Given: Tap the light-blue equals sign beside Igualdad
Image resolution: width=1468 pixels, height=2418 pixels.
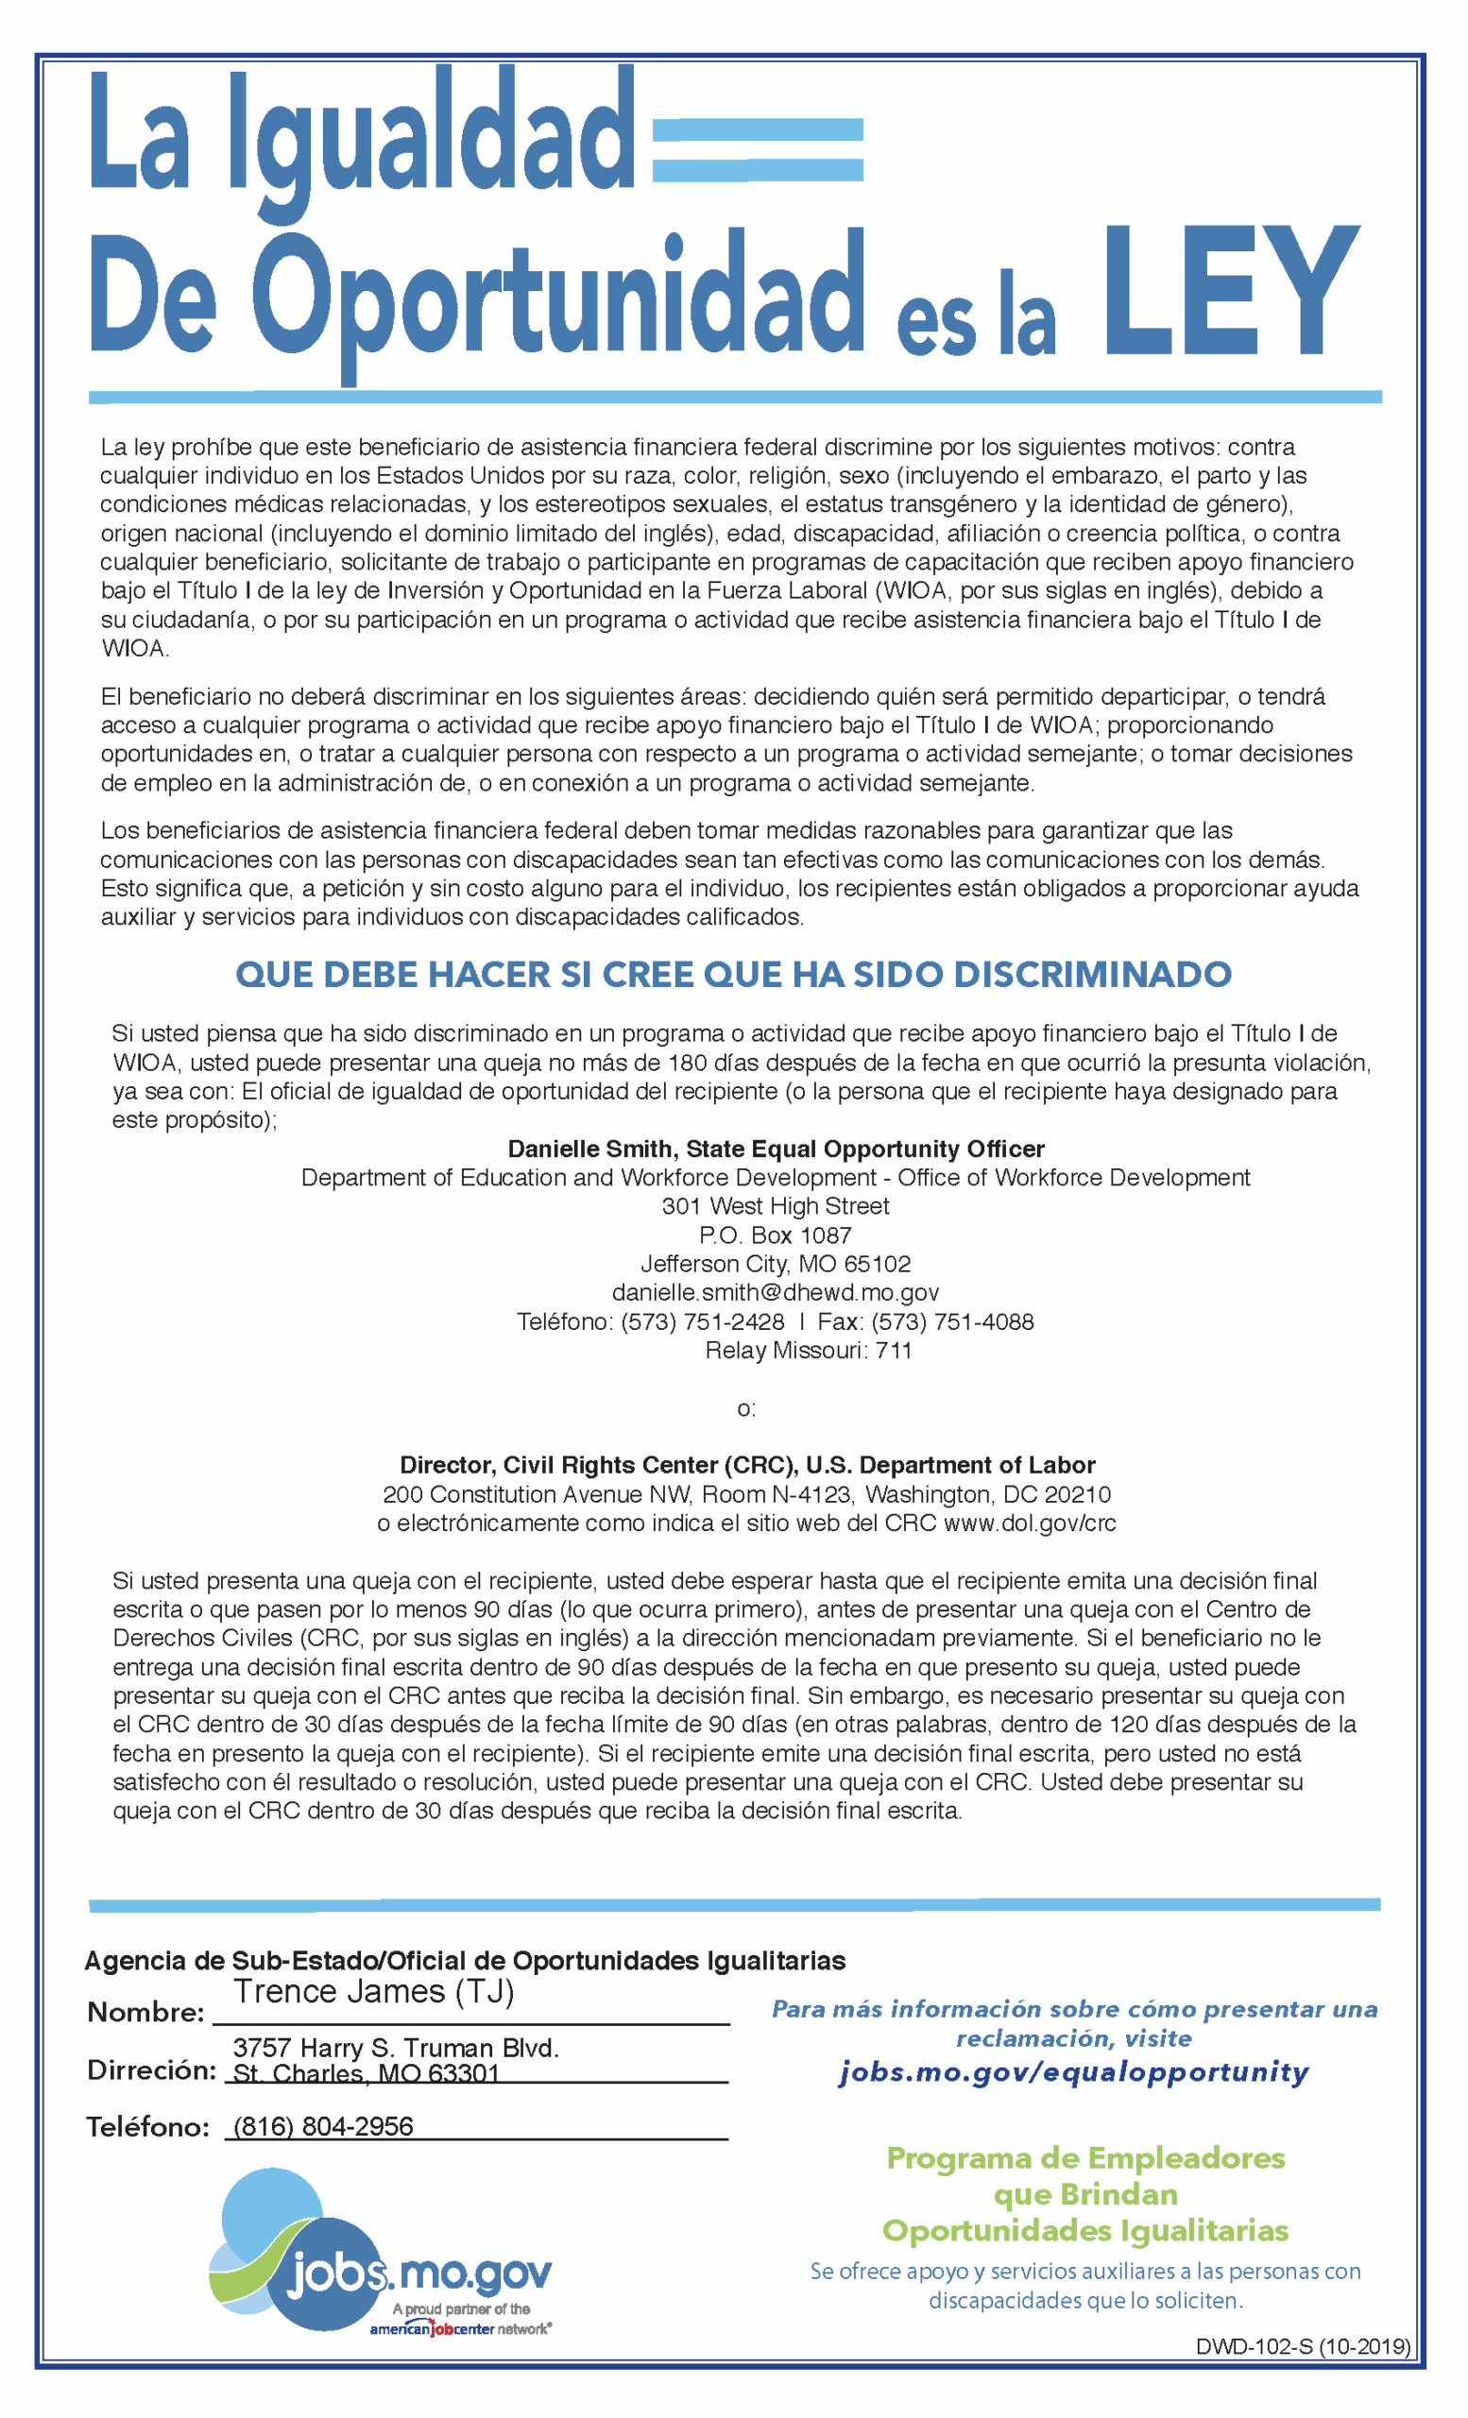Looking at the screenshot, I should coord(757,149).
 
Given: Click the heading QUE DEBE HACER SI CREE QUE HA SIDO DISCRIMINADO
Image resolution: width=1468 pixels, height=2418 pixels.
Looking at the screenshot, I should coord(733,975).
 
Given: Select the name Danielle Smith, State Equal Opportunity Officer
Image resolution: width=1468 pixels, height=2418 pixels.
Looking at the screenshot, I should coord(776,1149).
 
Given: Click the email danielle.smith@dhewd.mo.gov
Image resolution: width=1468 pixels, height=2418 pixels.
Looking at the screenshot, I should coord(776,1292).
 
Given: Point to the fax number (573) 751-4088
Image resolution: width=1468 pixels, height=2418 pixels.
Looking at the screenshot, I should coord(951,1321).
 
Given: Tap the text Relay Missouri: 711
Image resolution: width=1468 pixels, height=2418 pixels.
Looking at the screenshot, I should coord(808,1351).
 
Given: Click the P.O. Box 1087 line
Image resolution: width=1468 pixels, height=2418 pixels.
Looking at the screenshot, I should coord(776,1235).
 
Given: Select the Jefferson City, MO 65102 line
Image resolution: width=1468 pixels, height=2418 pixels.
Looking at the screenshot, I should coord(776,1264).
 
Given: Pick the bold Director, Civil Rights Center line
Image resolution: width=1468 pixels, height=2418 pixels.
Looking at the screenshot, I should coord(747,1465).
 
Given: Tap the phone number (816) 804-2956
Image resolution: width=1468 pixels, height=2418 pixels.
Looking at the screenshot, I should coord(323,2126).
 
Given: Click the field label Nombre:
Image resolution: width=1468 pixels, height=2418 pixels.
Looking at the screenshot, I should coord(145,2013).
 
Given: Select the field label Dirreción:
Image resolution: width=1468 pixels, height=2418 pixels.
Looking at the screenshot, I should coord(151,2070).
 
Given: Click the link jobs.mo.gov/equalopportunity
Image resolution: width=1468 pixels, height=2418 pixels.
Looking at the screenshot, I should coord(1073,2071).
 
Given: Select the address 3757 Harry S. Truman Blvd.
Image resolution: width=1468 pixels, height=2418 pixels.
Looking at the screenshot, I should coord(396,2048).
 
